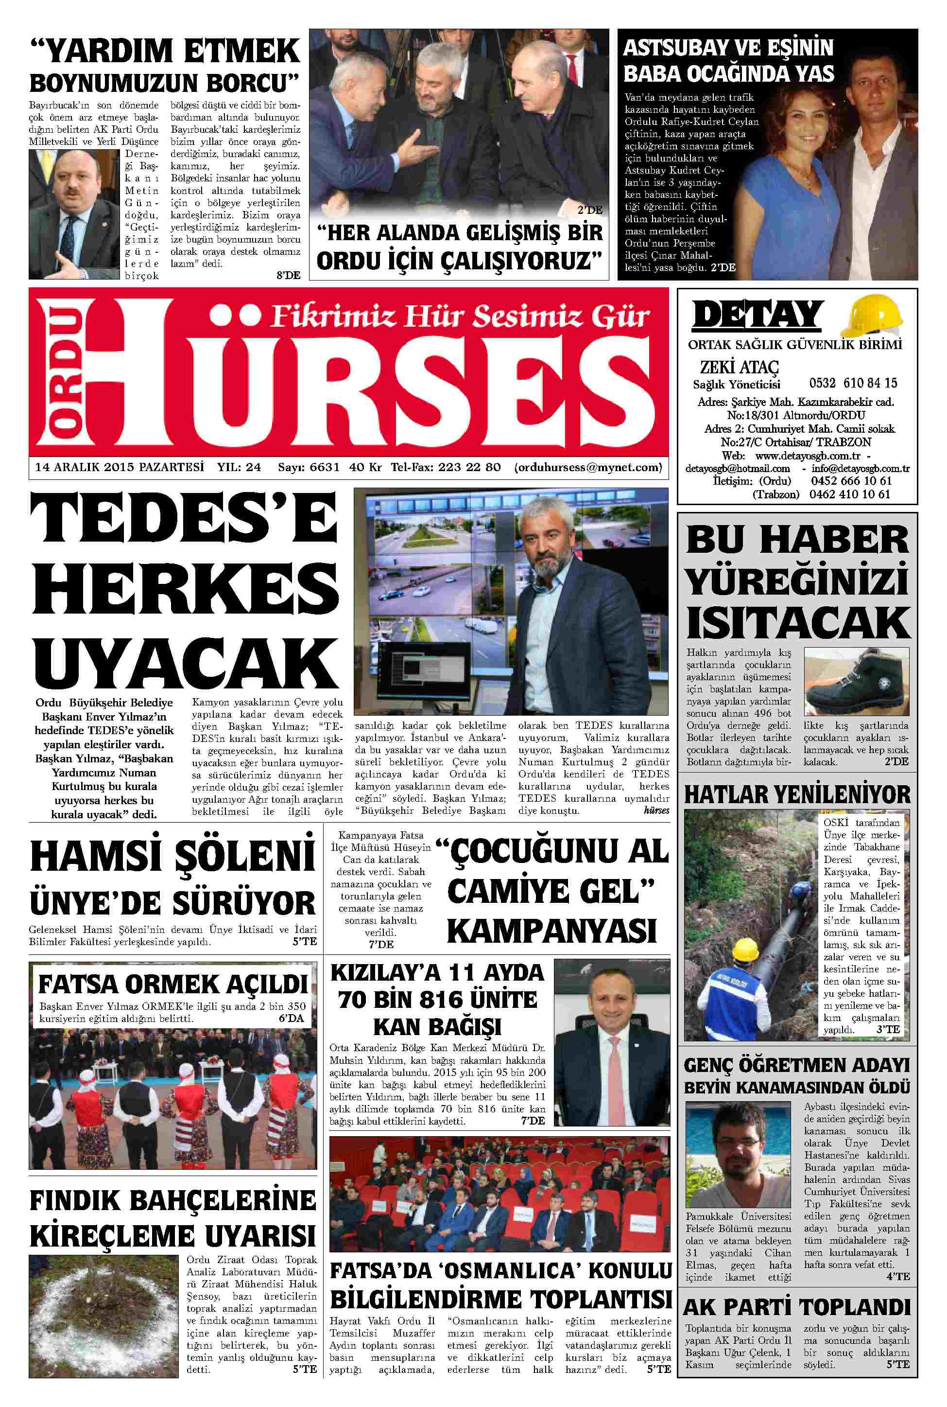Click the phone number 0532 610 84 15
[x=853, y=383]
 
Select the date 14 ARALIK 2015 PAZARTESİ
[x=120, y=467]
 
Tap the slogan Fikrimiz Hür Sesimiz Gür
[x=460, y=316]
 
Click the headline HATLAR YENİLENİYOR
[x=796, y=794]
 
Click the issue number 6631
[x=324, y=467]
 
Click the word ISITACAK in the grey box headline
[x=798, y=623]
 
